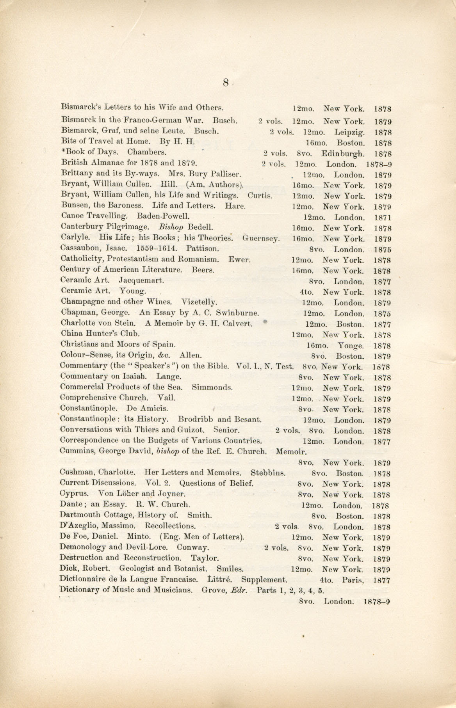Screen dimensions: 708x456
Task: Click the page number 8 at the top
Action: [226, 83]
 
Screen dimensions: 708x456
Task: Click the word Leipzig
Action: [349, 133]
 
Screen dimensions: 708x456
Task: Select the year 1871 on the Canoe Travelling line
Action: [382, 218]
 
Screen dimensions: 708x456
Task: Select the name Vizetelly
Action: [199, 301]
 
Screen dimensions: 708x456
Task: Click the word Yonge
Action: [351, 346]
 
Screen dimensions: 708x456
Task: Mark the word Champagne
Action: [83, 301]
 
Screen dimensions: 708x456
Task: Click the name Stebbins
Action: [268, 473]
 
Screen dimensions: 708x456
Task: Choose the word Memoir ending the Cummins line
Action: [291, 452]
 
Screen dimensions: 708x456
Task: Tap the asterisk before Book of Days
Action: [63, 152]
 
